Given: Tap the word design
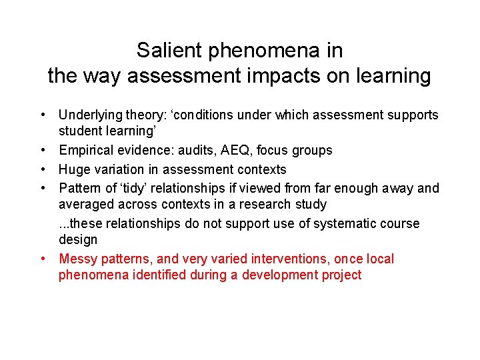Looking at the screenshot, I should click(x=78, y=239).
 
